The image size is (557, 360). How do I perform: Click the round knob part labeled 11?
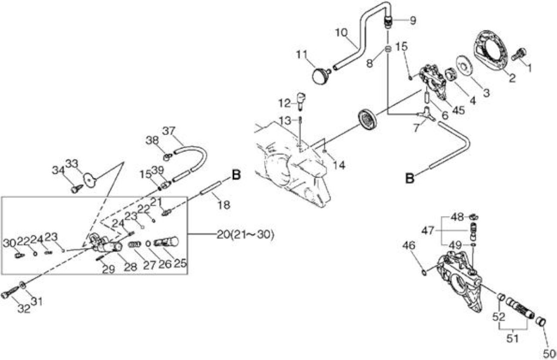[x=321, y=76]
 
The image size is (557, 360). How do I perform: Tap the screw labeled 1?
[x=519, y=54]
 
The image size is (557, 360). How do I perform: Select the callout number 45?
[x=458, y=110]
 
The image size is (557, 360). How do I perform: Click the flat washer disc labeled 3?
[x=464, y=65]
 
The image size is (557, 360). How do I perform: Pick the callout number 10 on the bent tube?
[x=342, y=33]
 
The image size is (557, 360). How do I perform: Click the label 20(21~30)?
[x=245, y=234]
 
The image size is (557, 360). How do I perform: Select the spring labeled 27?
[x=135, y=244]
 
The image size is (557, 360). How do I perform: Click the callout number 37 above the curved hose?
[x=169, y=131]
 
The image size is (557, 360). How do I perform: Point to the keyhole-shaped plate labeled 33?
[x=90, y=180]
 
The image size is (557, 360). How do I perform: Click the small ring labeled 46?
[x=424, y=273]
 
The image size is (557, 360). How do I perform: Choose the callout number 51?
[x=513, y=338]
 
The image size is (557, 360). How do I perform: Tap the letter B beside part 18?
[x=236, y=175]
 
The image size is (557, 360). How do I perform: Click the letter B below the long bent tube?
[x=409, y=178]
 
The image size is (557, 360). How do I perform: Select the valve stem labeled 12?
[x=302, y=100]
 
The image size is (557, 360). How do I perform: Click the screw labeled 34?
[x=77, y=189]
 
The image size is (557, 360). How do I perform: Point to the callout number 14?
[x=339, y=165]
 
